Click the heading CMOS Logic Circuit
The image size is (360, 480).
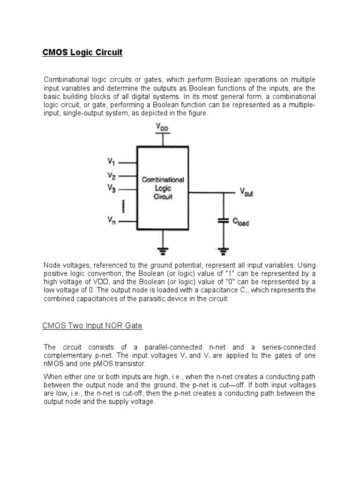coord(82,52)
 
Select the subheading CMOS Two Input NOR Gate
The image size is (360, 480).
coord(92,325)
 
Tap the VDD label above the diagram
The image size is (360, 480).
coord(163,127)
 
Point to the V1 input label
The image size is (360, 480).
coord(111,162)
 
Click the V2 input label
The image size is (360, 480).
coord(111,176)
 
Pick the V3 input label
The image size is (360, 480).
coord(111,189)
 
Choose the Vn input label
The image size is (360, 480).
coord(111,219)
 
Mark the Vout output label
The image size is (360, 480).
coord(246,192)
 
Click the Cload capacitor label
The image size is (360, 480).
coord(241,222)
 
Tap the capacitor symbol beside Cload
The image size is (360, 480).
coord(223,220)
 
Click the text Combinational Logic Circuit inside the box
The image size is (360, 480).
coord(163,188)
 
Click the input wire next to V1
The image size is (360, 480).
coord(127,163)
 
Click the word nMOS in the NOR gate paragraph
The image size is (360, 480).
coord(53,364)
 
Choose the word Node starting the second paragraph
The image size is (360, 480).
coord(52,265)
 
